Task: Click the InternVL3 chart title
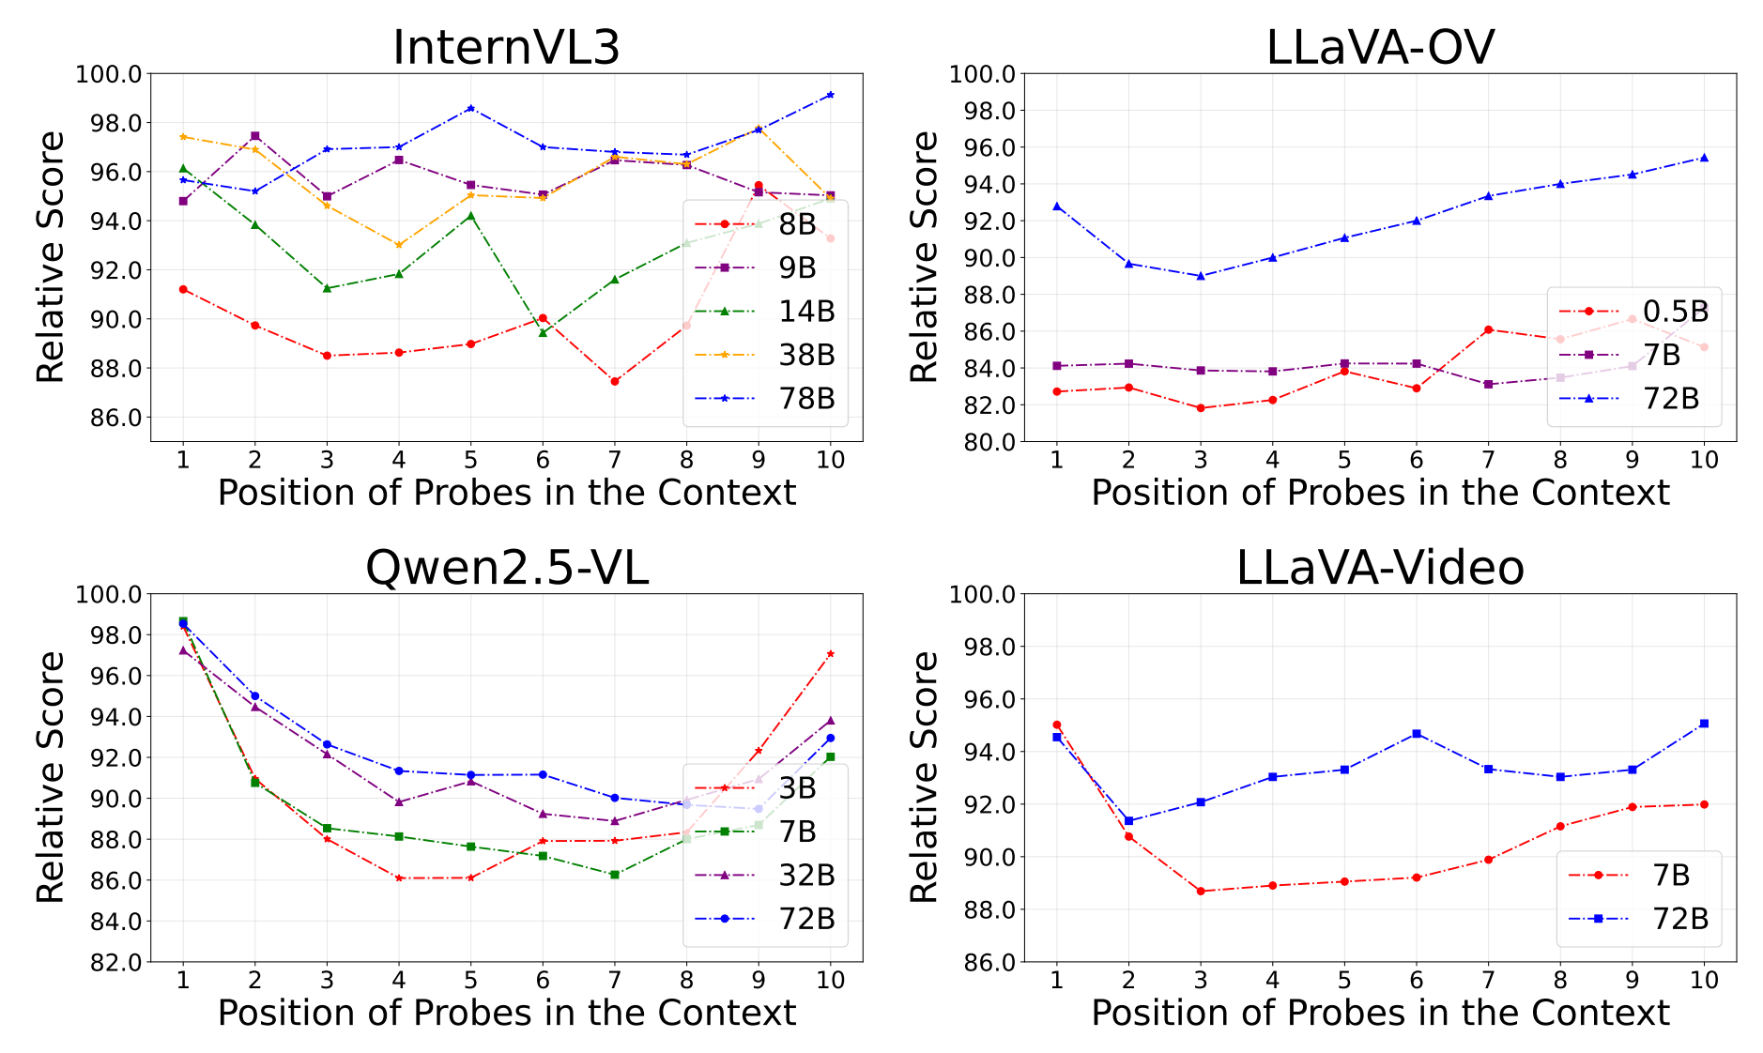(506, 47)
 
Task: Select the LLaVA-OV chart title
(1379, 47)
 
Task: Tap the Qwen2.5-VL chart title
(506, 568)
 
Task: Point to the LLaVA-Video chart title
(1379, 568)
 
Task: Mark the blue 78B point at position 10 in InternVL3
(830, 95)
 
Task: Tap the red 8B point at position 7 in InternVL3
(615, 381)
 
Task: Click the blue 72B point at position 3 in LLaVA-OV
(1201, 276)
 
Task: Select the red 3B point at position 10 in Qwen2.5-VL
(830, 654)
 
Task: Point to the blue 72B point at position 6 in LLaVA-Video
(1417, 733)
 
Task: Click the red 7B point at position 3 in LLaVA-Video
(1201, 891)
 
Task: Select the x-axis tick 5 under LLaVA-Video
(1344, 980)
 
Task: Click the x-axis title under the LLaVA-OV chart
(1379, 493)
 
